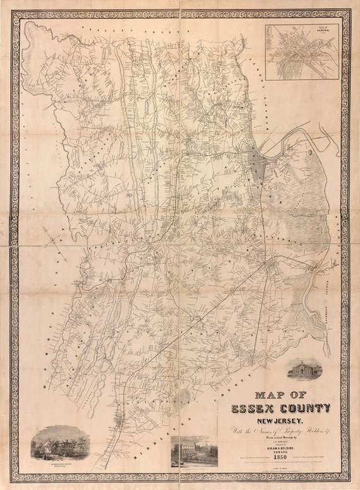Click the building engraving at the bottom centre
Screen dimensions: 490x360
195,452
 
